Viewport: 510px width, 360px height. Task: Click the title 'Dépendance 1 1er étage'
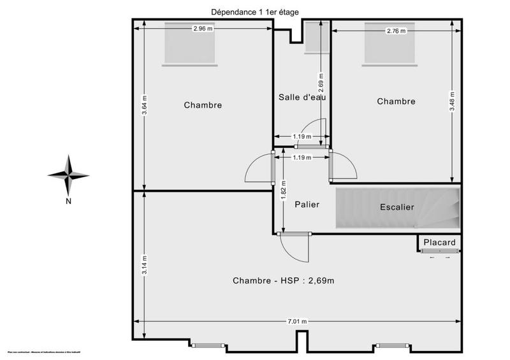(254, 11)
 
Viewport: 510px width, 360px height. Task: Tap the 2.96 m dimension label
(203, 29)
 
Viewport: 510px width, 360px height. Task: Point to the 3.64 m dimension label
(145, 105)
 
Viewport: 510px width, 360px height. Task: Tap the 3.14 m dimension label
(145, 264)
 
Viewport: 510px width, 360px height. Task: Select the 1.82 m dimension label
(283, 189)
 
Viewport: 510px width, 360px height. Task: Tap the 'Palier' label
(307, 205)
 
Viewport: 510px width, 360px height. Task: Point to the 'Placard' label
(440, 243)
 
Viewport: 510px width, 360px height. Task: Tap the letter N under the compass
(68, 202)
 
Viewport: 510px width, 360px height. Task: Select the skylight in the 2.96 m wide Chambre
(190, 43)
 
